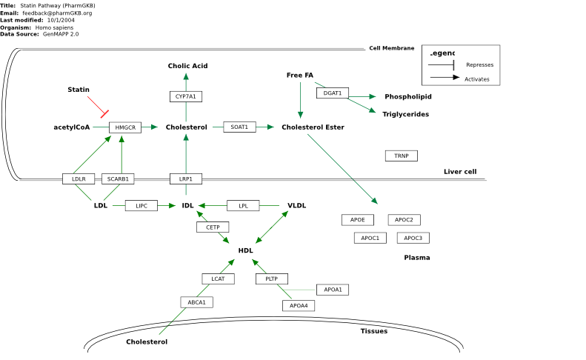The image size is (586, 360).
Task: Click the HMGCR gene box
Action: [125, 127]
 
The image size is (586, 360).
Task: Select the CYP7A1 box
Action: [186, 96]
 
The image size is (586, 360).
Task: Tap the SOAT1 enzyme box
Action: [239, 127]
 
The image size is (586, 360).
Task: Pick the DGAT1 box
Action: [333, 93]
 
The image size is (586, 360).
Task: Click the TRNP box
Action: [402, 156]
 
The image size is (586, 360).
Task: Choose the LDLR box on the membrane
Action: [79, 179]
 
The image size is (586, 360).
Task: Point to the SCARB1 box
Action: [118, 179]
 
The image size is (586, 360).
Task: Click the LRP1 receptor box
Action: [186, 179]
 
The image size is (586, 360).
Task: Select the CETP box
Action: [213, 227]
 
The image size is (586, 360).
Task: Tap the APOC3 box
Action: [413, 238]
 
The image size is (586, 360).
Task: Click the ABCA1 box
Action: [196, 302]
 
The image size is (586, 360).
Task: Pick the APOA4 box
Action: [299, 306]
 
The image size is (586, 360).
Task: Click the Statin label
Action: [79, 90]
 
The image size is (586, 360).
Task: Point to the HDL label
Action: [245, 250]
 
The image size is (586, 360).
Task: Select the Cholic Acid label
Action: [187, 66]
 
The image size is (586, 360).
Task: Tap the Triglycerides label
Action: [405, 114]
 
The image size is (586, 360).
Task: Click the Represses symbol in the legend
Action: [442, 65]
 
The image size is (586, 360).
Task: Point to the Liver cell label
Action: [460, 172]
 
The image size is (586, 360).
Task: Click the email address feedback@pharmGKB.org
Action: [57, 13]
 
